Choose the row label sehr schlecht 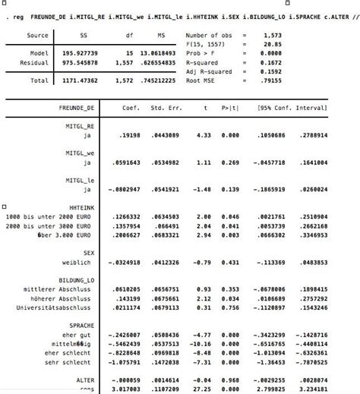(73, 363)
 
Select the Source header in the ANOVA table (37, 35)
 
